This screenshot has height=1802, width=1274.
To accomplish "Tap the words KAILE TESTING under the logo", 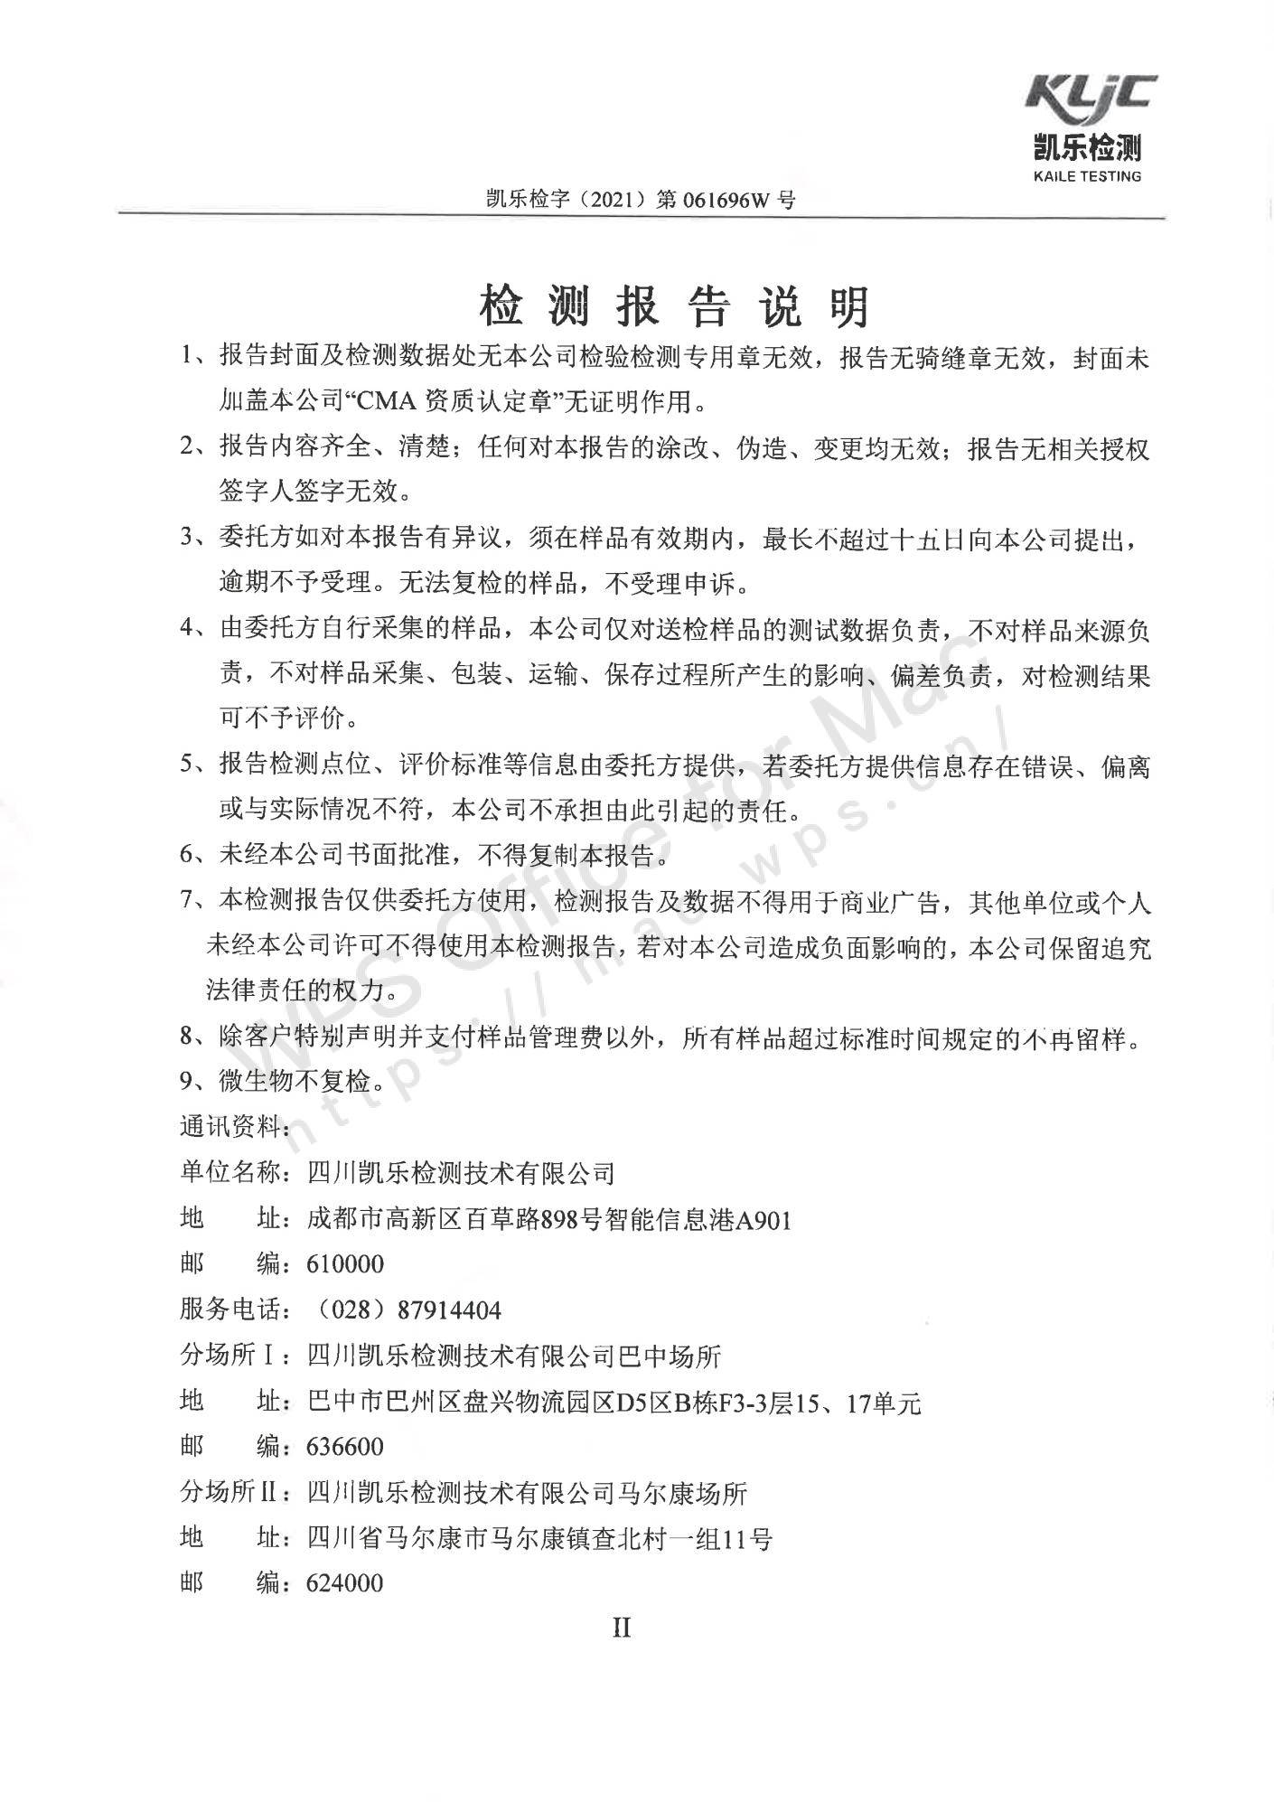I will click(1087, 176).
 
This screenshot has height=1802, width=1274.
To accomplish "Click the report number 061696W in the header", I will click(724, 201).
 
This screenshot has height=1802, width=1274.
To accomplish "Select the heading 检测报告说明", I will click(674, 306).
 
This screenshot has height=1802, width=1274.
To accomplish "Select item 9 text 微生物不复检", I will click(302, 1081).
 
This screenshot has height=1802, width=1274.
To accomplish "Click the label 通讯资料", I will click(233, 1126).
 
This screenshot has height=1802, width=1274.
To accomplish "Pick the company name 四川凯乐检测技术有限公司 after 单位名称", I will click(461, 1173).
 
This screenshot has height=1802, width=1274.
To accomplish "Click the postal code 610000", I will click(345, 1263).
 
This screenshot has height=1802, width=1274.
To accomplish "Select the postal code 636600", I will click(345, 1447).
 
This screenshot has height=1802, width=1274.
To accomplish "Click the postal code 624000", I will click(345, 1583).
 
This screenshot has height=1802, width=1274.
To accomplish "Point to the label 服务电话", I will click(233, 1309).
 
